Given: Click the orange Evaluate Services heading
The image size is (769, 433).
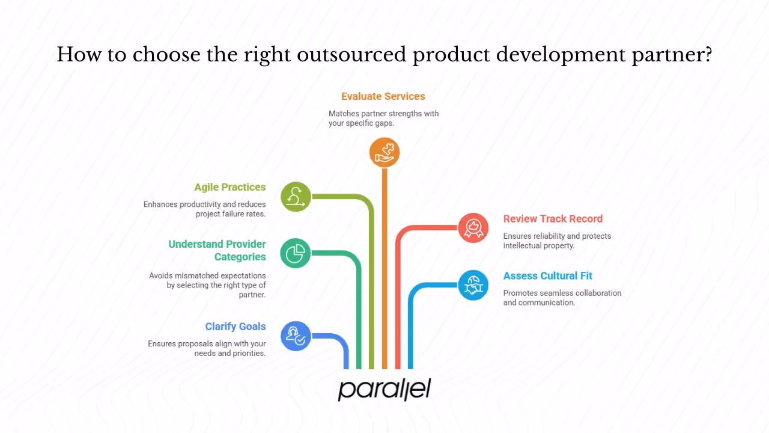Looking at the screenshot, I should click(383, 96).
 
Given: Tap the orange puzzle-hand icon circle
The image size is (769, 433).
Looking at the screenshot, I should click(384, 152).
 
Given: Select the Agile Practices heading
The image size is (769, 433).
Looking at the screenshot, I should click(229, 187).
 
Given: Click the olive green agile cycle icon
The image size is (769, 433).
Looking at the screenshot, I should click(296, 197).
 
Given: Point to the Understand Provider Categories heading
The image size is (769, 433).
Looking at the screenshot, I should click(217, 250).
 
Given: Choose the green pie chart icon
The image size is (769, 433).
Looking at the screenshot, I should click(296, 253).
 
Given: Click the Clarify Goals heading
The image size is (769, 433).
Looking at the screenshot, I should click(235, 327).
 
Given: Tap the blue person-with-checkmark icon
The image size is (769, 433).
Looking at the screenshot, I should click(296, 336).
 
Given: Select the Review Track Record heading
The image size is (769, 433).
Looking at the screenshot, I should click(553, 219).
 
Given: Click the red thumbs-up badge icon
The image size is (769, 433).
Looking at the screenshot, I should click(473, 228).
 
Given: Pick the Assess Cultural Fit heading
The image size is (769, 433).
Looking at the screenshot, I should click(547, 276).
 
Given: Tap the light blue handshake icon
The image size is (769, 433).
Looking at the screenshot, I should click(473, 285).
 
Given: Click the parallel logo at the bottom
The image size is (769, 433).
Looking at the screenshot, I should click(384, 389).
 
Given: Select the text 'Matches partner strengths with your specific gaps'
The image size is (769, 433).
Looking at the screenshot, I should click(383, 118).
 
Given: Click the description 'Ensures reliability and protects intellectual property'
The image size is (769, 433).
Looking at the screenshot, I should click(557, 241).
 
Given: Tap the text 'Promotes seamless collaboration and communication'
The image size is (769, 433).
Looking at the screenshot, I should click(562, 298).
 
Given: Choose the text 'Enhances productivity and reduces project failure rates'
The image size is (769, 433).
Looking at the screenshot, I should click(204, 209).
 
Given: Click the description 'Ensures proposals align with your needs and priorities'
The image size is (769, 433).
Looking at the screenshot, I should click(207, 348).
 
